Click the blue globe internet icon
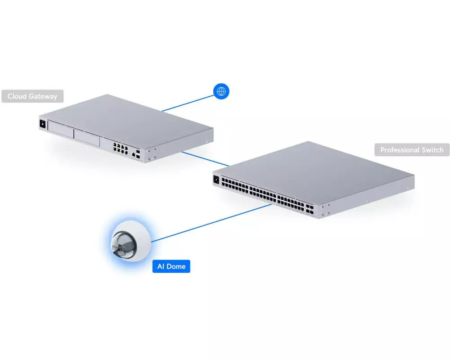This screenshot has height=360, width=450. click(221, 91)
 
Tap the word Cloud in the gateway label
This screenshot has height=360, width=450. click(17, 96)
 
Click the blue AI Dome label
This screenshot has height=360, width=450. click(171, 266)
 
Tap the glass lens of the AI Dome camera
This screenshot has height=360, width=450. click(124, 244)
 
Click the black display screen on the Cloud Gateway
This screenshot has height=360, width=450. click(42, 124)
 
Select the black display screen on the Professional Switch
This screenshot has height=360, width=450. click(216, 180)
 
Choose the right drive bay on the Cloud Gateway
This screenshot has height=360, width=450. click(87, 138)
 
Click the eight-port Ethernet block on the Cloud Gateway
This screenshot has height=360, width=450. click(120, 148)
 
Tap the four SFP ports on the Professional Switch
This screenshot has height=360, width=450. click(310, 209)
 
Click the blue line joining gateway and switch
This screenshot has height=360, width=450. click(206, 159)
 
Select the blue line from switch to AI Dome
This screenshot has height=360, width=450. click(211, 223)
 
